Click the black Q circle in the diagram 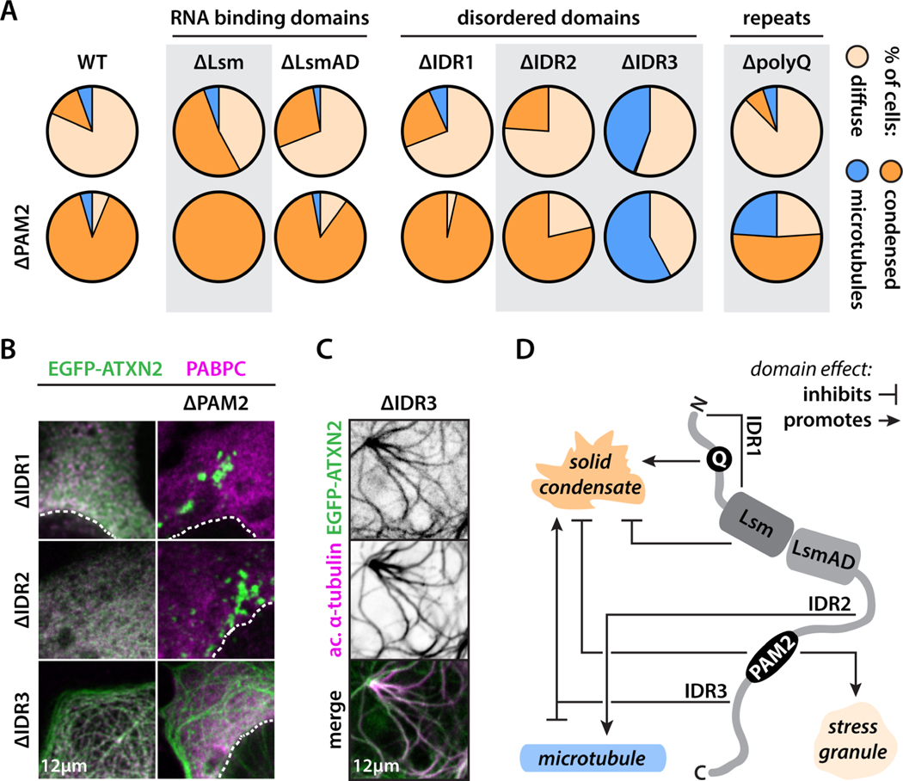tap(714, 458)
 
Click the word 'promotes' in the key tap(830, 421)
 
